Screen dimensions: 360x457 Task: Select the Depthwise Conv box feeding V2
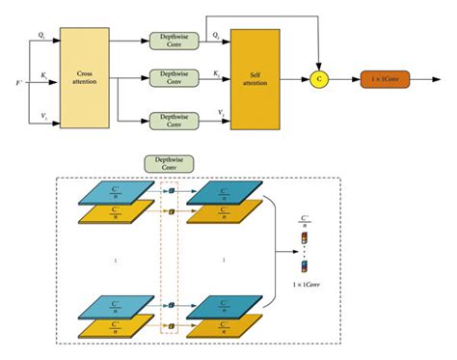pyautogui.click(x=173, y=119)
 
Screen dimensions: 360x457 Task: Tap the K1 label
pyautogui.click(x=43, y=73)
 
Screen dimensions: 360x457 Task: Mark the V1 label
pyautogui.click(x=43, y=113)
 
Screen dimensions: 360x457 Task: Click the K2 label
pyautogui.click(x=216, y=73)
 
